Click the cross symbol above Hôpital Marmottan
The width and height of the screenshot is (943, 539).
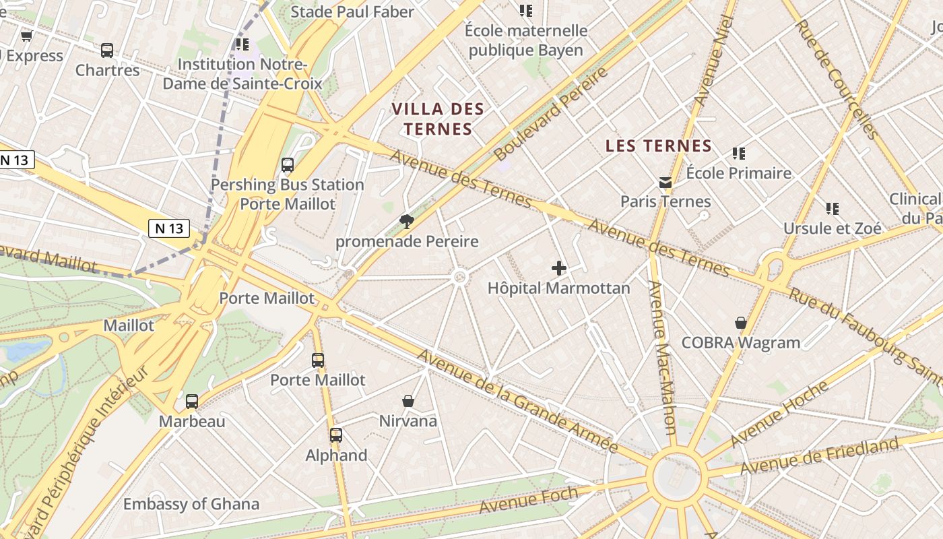click(559, 268)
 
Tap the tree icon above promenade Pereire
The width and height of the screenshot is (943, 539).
click(406, 221)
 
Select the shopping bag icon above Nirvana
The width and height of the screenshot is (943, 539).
click(408, 401)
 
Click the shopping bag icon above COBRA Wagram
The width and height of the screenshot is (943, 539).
click(741, 323)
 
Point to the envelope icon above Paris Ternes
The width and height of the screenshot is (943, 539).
click(665, 182)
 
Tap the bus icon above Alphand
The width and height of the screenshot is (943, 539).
click(336, 435)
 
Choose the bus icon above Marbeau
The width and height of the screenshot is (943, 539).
click(192, 402)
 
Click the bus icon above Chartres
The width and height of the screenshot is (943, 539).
click(107, 50)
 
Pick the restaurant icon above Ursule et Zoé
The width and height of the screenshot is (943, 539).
click(833, 209)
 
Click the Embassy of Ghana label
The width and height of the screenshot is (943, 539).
click(191, 504)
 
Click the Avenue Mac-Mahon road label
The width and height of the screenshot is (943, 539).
click(661, 357)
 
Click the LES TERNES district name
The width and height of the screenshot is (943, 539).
click(658, 146)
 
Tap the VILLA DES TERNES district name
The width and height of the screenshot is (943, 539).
click(438, 119)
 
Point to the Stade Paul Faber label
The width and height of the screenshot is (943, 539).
click(352, 11)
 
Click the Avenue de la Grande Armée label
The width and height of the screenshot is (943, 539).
click(517, 402)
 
